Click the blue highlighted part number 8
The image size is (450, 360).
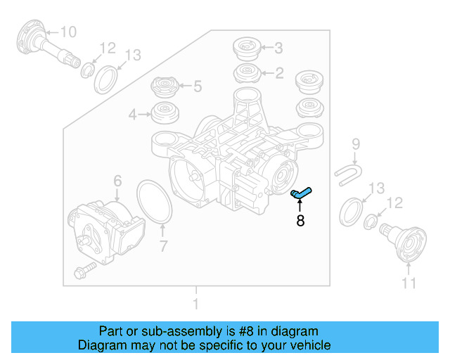301,192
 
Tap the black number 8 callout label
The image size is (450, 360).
300,221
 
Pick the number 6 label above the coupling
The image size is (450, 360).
117,181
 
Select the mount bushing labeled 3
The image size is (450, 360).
246,49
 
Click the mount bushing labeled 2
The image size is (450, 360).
246,72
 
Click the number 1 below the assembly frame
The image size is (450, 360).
195,304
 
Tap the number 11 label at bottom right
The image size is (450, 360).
409,283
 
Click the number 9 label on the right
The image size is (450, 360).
356,144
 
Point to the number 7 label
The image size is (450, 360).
163,246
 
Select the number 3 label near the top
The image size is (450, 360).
278,49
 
